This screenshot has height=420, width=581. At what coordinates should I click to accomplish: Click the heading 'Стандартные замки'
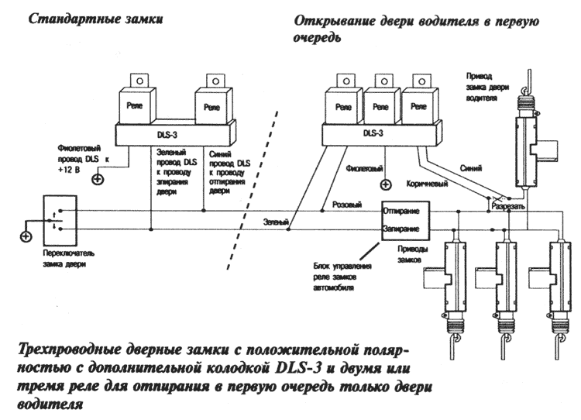[95, 19]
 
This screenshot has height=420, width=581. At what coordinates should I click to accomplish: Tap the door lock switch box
[60, 220]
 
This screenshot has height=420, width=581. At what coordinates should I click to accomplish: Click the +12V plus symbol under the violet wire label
[98, 180]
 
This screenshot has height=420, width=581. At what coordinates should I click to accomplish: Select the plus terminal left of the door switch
[26, 236]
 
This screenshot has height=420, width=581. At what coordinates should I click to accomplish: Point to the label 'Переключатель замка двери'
[69, 259]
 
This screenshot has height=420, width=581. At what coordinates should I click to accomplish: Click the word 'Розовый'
[347, 205]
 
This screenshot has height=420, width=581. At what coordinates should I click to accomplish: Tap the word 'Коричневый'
[427, 184]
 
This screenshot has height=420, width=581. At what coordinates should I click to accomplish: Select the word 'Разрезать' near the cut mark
[508, 206]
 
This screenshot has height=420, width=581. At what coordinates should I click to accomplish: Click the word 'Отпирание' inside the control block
[401, 211]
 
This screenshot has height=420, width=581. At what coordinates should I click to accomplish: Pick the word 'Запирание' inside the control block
[401, 229]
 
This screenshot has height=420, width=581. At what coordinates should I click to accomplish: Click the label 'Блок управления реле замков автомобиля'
[342, 277]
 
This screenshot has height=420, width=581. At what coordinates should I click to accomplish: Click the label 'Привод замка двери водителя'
[487, 87]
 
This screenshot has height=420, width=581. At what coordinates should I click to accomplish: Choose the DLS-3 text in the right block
[373, 133]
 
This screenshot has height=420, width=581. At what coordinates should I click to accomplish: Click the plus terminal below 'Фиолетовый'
[386, 184]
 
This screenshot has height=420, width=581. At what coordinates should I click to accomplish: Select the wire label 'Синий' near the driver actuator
[471, 168]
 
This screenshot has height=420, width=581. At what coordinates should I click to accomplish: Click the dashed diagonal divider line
[253, 190]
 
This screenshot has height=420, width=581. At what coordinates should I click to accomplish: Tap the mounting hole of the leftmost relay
[140, 81]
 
